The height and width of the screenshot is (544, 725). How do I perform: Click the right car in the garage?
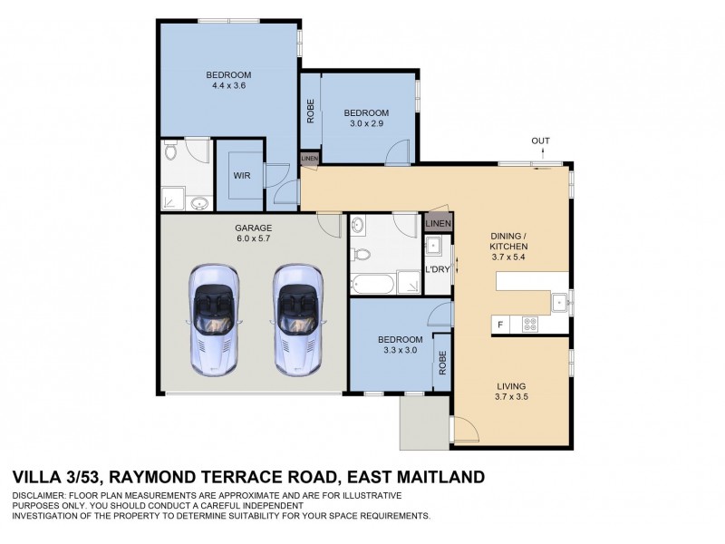coord(300,319)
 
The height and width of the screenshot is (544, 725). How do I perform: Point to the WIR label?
coord(240,175)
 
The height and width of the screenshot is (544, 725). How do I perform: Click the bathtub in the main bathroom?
coord(374,283)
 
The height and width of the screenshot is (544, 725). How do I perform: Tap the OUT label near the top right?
coord(541,141)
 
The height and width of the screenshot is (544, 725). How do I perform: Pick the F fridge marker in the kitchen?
coord(498,324)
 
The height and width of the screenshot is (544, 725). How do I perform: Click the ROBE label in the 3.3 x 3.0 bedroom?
coord(443,364)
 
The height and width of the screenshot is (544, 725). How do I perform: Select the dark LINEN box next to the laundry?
coord(437,223)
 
